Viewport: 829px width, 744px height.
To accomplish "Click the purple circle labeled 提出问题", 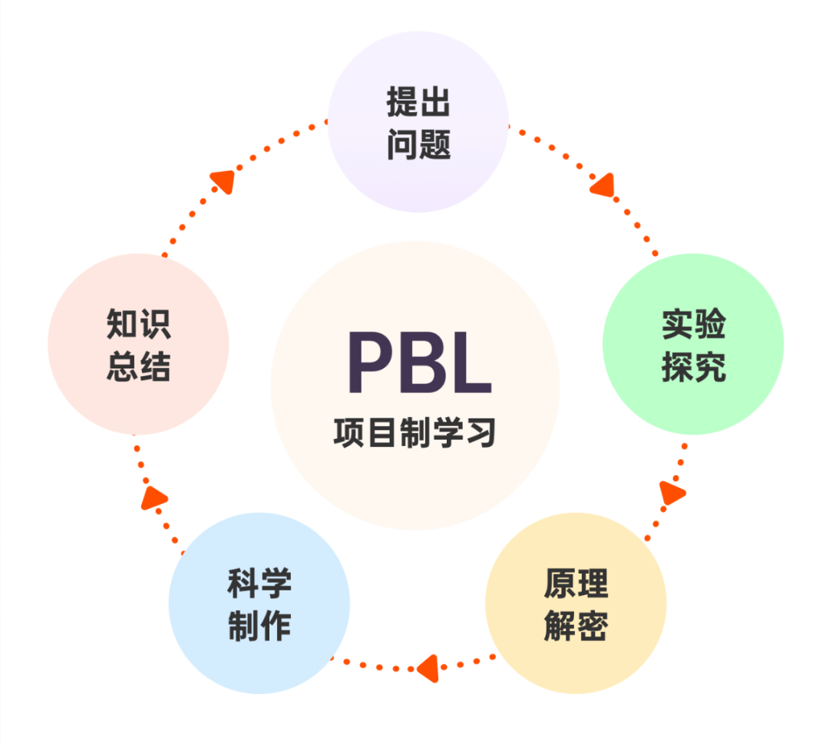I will pos(418,121).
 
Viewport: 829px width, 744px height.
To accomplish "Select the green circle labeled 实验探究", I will pos(693,344).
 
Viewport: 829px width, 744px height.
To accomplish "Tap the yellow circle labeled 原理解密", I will pos(576,603).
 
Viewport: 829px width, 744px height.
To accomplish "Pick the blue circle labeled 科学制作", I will pos(259,603).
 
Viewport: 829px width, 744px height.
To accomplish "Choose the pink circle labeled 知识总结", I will pos(138,344).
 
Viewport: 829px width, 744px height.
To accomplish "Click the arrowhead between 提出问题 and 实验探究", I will pos(604,185).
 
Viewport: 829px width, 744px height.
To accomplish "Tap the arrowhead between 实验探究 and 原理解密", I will pos(672,491).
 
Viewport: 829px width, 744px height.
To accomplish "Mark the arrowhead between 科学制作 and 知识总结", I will pos(154,498).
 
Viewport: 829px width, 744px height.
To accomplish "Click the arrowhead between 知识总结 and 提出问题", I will pos(223,180).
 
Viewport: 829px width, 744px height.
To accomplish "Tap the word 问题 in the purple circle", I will pos(418,144).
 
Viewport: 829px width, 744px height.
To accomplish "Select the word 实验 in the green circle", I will pos(693,324).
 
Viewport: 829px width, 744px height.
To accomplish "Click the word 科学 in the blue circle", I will pos(259,582).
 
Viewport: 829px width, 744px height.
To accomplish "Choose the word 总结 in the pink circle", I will pos(138,367).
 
